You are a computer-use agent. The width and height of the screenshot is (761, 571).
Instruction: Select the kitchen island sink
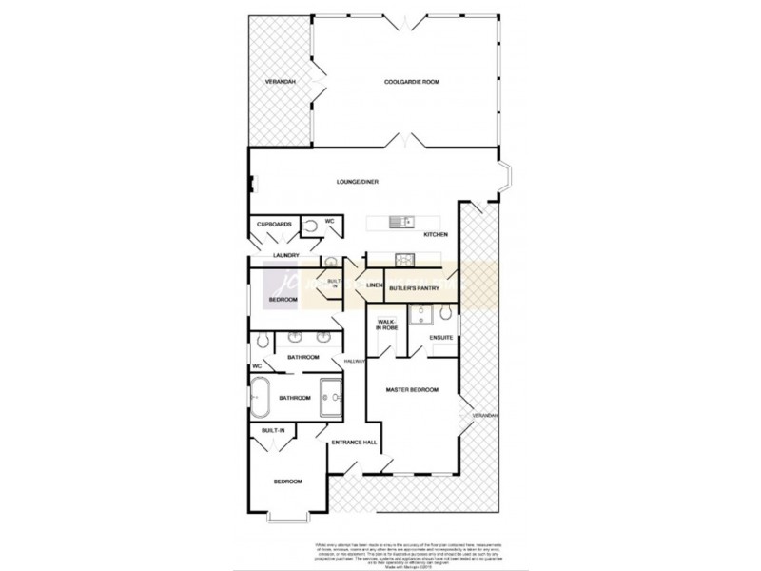[398, 223]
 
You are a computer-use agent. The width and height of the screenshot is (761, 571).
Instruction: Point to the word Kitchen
[436, 234]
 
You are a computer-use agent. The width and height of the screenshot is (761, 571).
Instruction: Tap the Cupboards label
[274, 224]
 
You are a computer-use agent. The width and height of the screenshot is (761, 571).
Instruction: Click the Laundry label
[285, 255]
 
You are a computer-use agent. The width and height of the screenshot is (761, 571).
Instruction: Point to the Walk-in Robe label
[386, 325]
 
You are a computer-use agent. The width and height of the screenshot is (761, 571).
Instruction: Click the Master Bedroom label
[411, 390]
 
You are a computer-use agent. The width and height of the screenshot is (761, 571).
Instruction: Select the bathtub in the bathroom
[260, 397]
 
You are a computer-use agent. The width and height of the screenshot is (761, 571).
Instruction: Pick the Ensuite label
[439, 338]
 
